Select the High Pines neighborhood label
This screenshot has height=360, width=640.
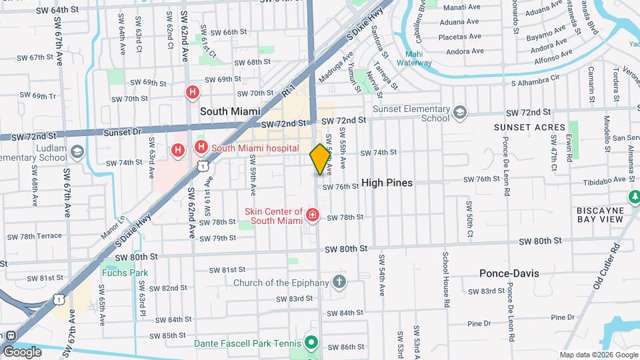[387, 183]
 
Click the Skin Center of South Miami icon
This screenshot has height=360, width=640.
[312, 215]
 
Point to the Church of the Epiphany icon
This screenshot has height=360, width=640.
[339, 281]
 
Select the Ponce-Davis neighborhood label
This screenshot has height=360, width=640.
[509, 273]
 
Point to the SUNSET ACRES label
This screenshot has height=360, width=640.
[529, 127]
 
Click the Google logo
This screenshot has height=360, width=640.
[22, 351]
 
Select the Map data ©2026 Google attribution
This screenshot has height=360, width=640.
[597, 355]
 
